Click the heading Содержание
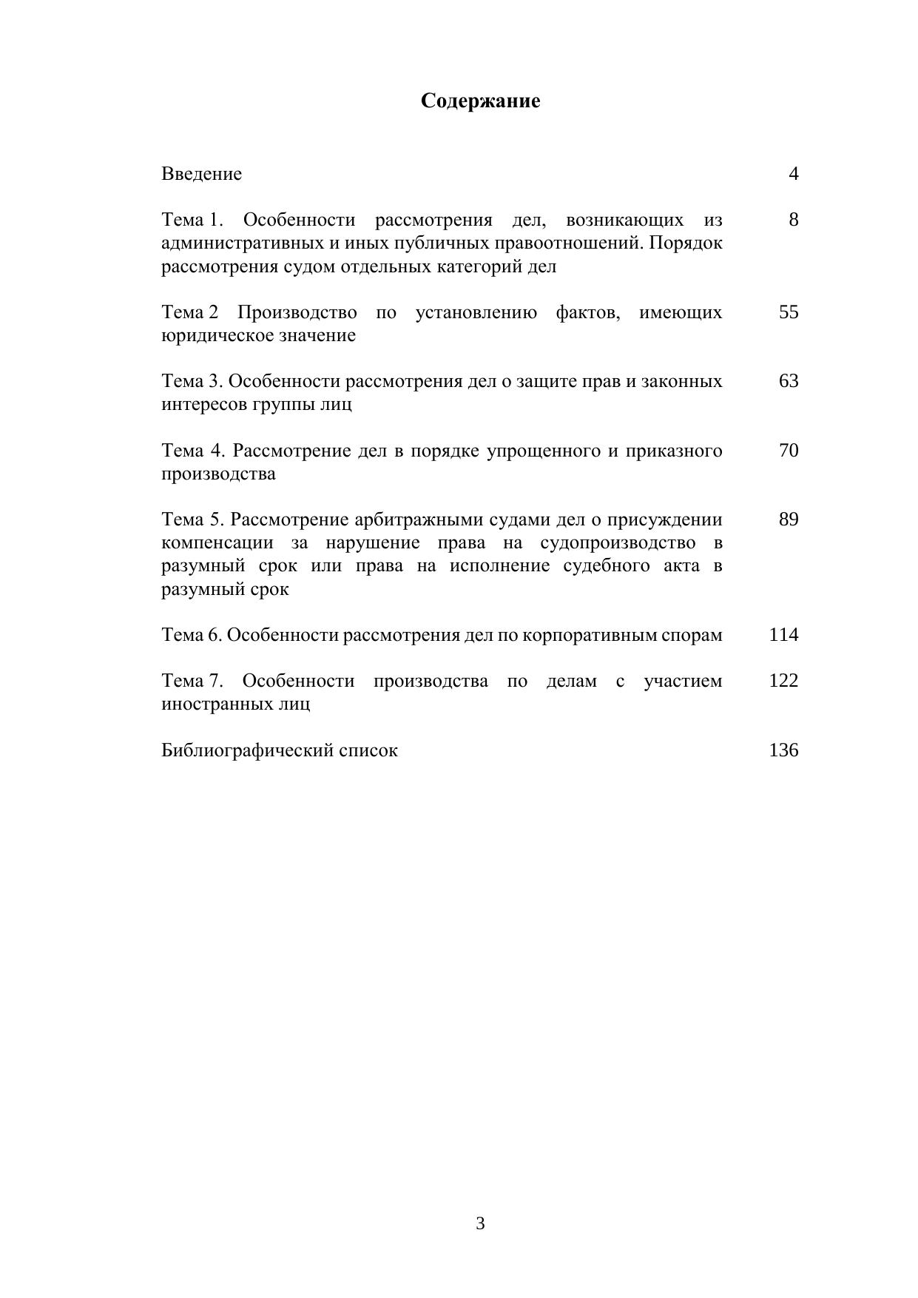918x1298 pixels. pyautogui.click(x=480, y=101)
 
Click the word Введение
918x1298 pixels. pyautogui.click(x=201, y=174)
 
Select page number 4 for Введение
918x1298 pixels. pyautogui.click(x=793, y=174)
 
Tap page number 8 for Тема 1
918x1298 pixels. pyautogui.click(x=793, y=220)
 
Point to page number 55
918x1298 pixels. pyautogui.click(x=789, y=312)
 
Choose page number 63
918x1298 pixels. pyautogui.click(x=789, y=381)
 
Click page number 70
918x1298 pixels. pyautogui.click(x=789, y=451)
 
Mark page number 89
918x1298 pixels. pyautogui.click(x=789, y=519)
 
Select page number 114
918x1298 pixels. pyautogui.click(x=783, y=635)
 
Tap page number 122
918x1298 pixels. pyautogui.click(x=783, y=681)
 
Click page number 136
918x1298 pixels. pyautogui.click(x=783, y=750)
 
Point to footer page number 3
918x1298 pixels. pyautogui.click(x=480, y=1224)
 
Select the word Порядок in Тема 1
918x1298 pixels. pyautogui.click(x=686, y=243)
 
